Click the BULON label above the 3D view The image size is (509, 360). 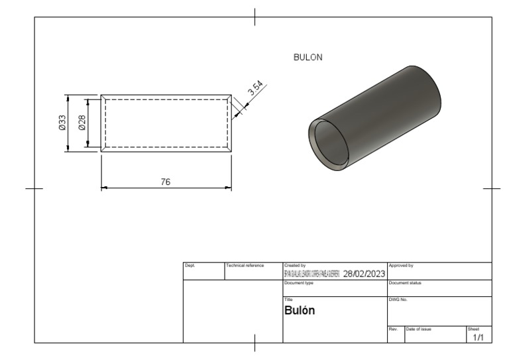coord(308,58)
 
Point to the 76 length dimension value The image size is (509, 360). coord(166,182)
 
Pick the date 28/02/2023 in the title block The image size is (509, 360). coord(364,274)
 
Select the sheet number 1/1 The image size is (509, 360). coord(478,337)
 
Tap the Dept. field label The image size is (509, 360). coord(189,265)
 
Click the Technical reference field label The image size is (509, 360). coord(245,265)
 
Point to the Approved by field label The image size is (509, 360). coord(400,265)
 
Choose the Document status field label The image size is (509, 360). coord(404,282)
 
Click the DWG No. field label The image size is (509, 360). coord(398,300)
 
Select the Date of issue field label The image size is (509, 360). coord(419,328)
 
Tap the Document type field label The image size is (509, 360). coord(298,282)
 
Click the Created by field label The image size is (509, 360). coord(294,265)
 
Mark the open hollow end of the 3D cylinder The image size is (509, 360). coord(329,144)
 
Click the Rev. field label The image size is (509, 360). coord(392,328)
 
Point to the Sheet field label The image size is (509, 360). coord(472,328)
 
